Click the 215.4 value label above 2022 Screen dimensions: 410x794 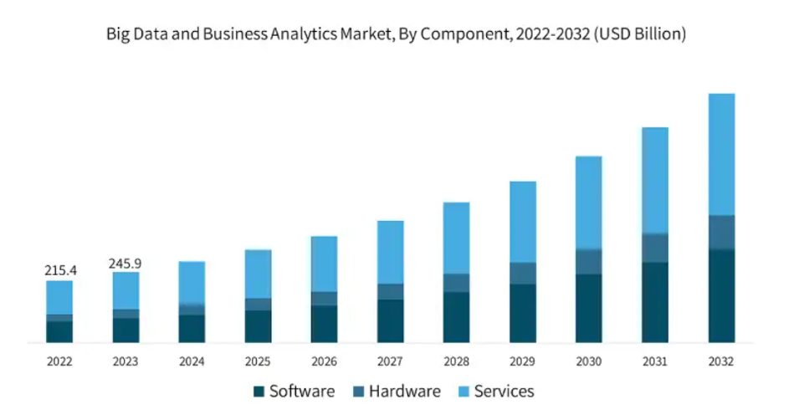tap(59, 271)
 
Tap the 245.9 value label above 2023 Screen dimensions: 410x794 tap(126, 264)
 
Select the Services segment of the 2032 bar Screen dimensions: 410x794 tap(721, 154)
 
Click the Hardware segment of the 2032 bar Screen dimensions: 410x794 tap(721, 232)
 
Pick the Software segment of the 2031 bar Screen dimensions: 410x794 tap(655, 302)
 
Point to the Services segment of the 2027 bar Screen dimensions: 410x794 tap(391, 252)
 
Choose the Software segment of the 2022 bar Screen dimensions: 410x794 tap(59, 331)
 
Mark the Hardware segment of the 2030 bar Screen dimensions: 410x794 tap(589, 261)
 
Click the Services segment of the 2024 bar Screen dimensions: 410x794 tap(192, 282)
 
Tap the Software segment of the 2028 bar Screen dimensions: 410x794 tap(457, 317)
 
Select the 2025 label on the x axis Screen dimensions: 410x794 tap(258, 362)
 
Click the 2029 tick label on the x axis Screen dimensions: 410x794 tap(523, 362)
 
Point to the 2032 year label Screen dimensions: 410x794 tap(721, 362)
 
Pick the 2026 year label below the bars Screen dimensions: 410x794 tap(324, 362)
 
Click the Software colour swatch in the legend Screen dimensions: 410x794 tap(259, 392)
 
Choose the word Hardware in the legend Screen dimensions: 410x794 tap(404, 392)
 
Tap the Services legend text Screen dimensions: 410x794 tap(504, 392)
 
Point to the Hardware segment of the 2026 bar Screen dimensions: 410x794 tap(324, 299)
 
